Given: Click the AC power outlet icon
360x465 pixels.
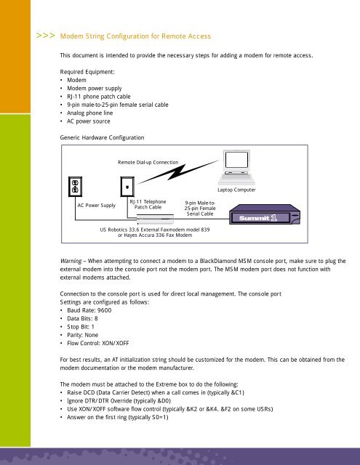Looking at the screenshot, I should tap(74, 187).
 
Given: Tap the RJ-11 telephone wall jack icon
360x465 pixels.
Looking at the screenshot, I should tap(127, 186).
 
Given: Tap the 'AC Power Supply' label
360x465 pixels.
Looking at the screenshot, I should tap(97, 206).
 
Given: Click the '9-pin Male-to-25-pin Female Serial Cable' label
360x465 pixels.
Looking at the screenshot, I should tap(199, 209).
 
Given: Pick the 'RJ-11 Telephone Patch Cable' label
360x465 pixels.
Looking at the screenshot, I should tap(148, 204).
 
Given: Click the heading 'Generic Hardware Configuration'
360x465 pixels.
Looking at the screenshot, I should tap(103, 137).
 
